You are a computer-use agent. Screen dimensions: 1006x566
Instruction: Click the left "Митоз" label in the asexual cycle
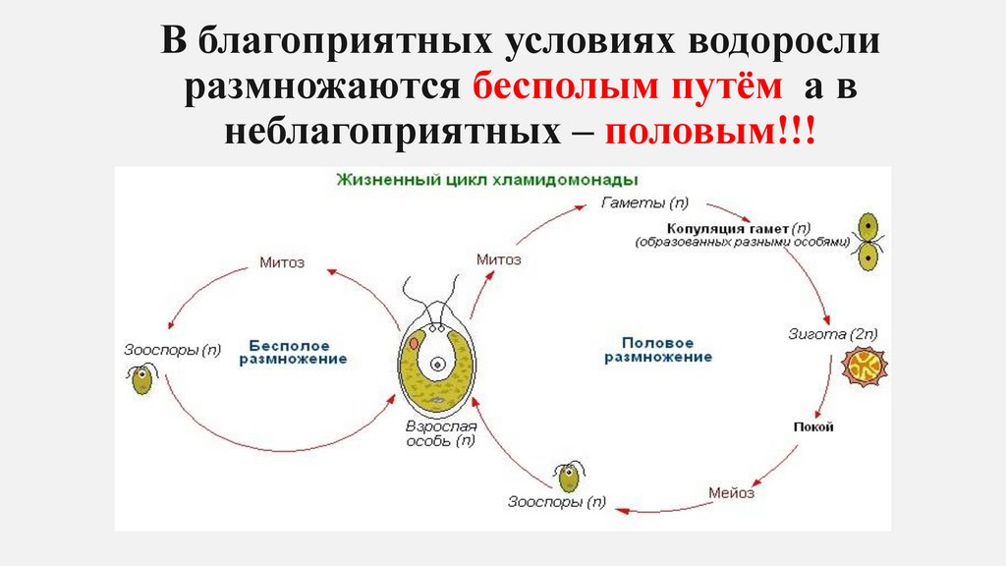(x=282, y=262)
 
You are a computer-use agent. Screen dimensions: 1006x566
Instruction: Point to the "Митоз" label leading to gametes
(x=499, y=260)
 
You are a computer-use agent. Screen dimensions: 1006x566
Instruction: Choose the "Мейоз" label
(x=732, y=493)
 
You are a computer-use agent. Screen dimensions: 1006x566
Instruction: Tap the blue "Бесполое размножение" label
(x=295, y=353)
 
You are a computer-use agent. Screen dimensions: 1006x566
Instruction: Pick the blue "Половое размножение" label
(x=657, y=350)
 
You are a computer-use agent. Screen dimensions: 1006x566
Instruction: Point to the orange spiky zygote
(x=862, y=367)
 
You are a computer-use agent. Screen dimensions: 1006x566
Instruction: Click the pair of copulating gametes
(x=868, y=242)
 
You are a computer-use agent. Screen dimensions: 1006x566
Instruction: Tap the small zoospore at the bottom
(x=568, y=478)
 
